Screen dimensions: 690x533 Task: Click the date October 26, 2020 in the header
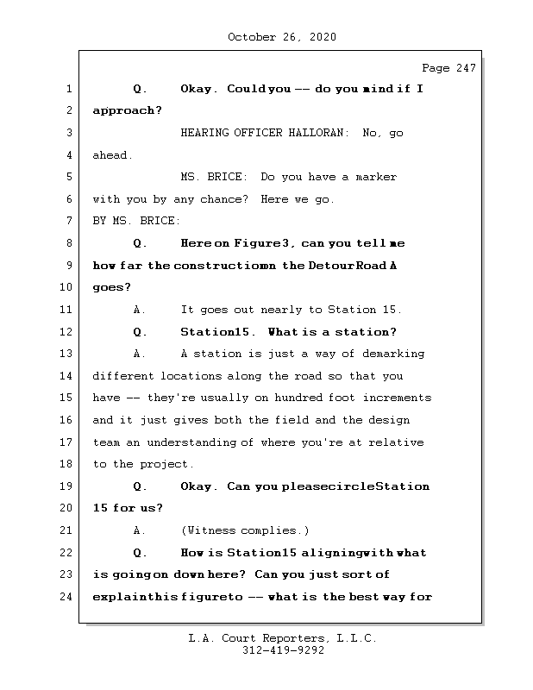(282, 37)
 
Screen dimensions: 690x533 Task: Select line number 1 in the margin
(68, 90)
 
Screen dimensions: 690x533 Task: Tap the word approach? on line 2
(127, 111)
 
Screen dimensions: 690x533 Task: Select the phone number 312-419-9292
(283, 651)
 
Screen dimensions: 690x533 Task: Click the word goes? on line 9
(110, 288)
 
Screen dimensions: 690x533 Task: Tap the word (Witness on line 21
(207, 530)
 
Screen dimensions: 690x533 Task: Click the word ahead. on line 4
(113, 155)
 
